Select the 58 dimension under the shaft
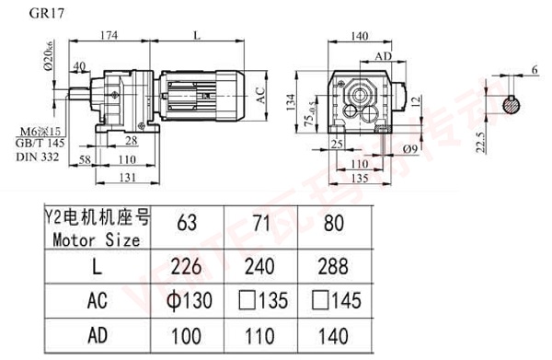[x=84, y=159]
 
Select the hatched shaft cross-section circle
[x=512, y=105]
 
